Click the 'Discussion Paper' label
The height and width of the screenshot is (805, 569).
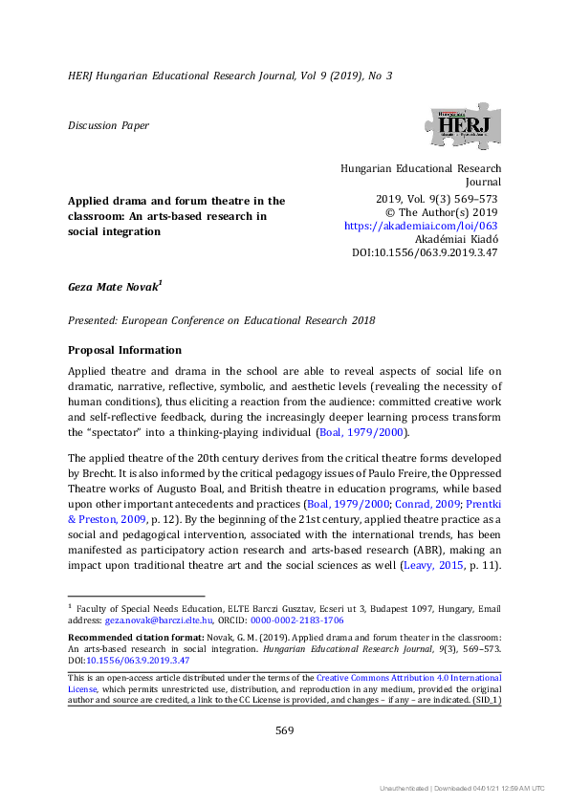tap(108, 125)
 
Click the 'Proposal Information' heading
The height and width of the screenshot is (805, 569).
tap(123, 350)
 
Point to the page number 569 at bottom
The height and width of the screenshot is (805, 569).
tap(284, 730)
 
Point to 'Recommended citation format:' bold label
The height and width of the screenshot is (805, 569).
tap(127, 636)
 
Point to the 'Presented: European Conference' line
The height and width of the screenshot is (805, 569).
tap(219, 321)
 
